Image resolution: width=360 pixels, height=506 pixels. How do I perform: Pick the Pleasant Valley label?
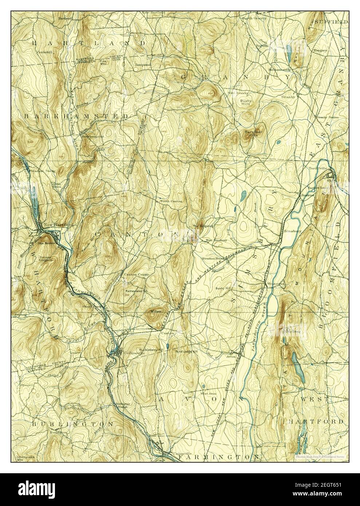31,170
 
